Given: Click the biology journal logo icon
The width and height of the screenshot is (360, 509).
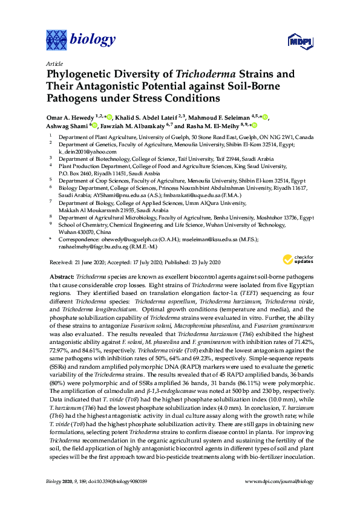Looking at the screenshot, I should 57,41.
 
